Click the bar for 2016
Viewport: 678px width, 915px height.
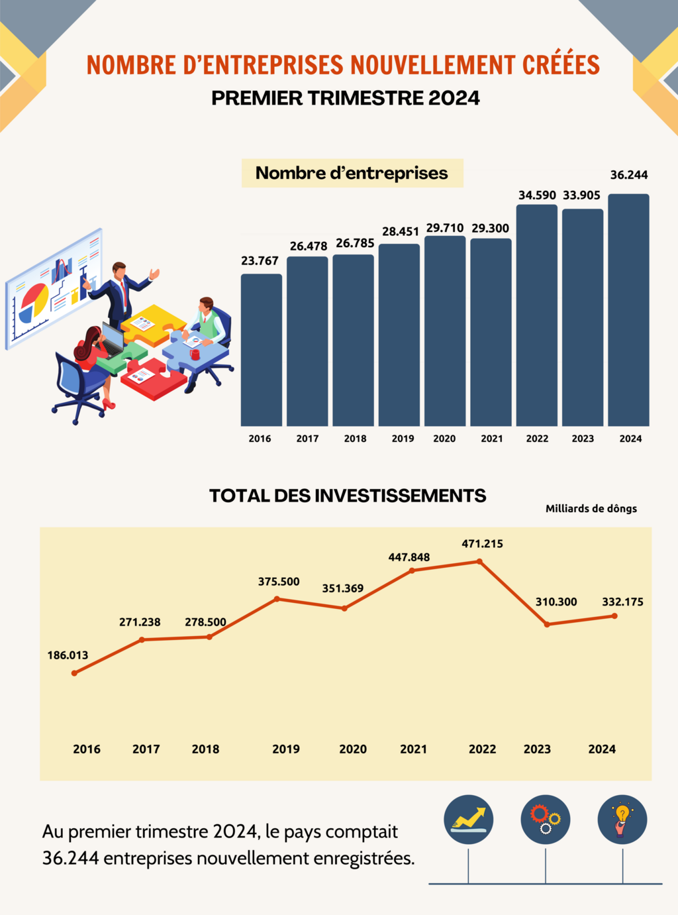pos(261,350)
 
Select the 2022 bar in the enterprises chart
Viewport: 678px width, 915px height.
pos(536,315)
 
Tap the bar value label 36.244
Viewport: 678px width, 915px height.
pos(629,175)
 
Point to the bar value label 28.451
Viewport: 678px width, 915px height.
pos(401,231)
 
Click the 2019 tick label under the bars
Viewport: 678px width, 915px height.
pos(403,439)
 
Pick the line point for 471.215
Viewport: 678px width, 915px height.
pos(479,562)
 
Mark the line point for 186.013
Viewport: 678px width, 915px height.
pos(74,673)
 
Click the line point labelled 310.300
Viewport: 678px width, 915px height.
pos(547,624)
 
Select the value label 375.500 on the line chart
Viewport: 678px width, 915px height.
pos(279,582)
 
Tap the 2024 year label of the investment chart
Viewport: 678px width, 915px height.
pos(602,749)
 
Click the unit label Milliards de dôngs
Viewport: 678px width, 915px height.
pos(591,508)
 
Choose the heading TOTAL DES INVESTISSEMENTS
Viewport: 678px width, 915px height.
pos(348,496)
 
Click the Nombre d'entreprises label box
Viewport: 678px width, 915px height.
pos(352,173)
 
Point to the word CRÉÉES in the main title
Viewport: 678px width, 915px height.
pos(561,65)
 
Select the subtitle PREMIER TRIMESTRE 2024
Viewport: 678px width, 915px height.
pos(346,98)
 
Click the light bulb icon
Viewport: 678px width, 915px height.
pos(622,820)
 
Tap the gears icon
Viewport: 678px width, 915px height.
pos(546,820)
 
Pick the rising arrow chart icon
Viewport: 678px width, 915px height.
pos(469,820)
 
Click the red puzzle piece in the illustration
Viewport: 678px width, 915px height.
pos(152,380)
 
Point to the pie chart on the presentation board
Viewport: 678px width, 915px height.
pos(34,302)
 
